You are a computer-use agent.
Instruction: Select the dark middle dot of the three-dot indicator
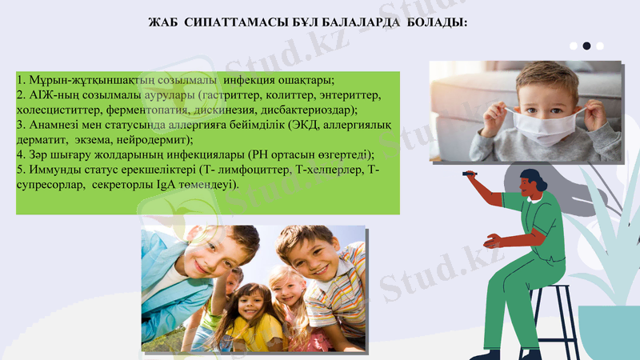click(586, 46)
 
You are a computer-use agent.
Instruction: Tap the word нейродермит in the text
click(153, 139)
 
